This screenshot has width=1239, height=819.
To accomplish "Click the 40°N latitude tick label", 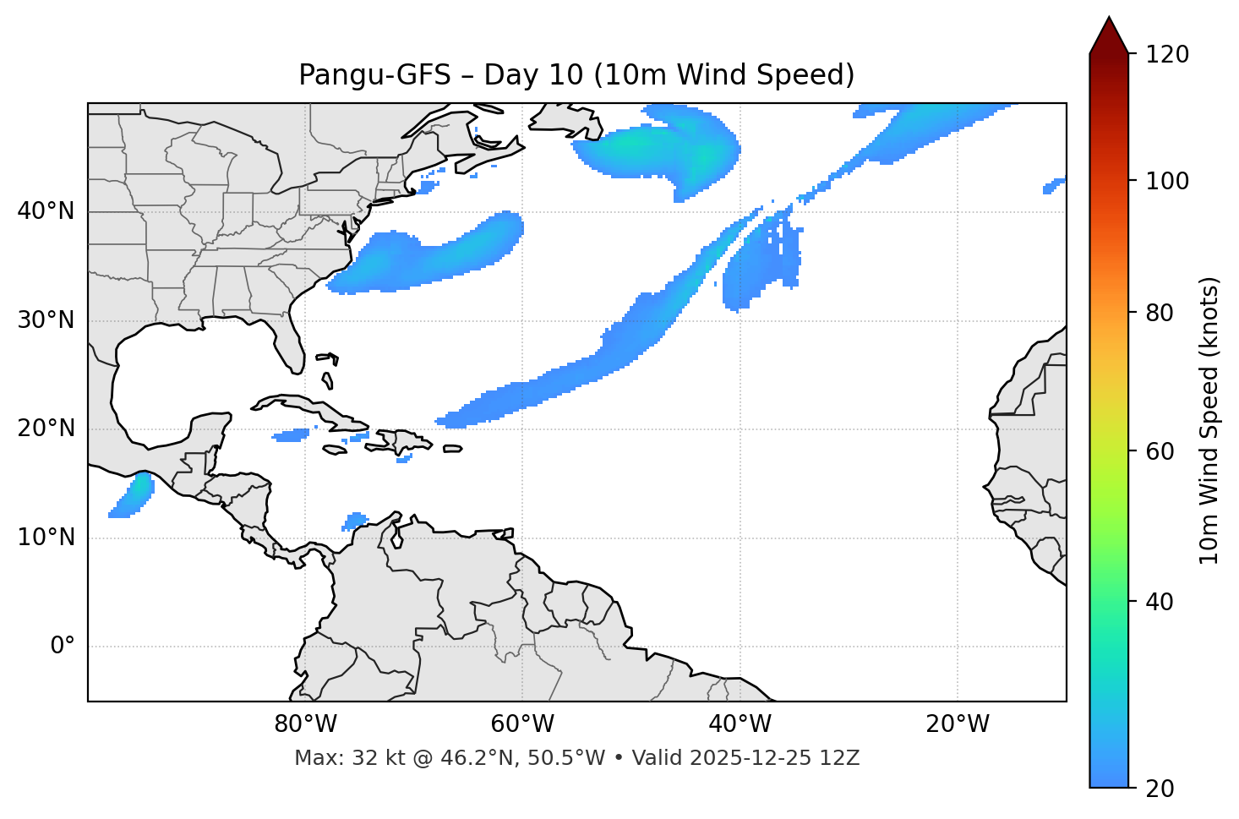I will [46, 211].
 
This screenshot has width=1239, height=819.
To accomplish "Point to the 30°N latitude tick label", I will [46, 320].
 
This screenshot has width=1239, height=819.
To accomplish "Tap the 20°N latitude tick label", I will [46, 429].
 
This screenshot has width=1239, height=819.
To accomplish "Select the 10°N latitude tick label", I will [46, 538].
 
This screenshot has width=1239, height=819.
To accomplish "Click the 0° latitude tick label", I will [63, 647].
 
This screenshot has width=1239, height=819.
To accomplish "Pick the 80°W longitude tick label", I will [305, 724].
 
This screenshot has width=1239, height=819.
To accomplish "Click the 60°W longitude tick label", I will [522, 724].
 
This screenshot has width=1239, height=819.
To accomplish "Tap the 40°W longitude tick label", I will [740, 724].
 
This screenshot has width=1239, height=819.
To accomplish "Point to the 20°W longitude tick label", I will [957, 724].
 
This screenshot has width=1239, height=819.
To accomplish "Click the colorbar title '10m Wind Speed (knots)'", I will [1209, 421].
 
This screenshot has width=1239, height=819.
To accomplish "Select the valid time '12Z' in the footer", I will [842, 758].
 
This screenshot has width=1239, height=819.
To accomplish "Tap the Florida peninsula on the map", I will [290, 347].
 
